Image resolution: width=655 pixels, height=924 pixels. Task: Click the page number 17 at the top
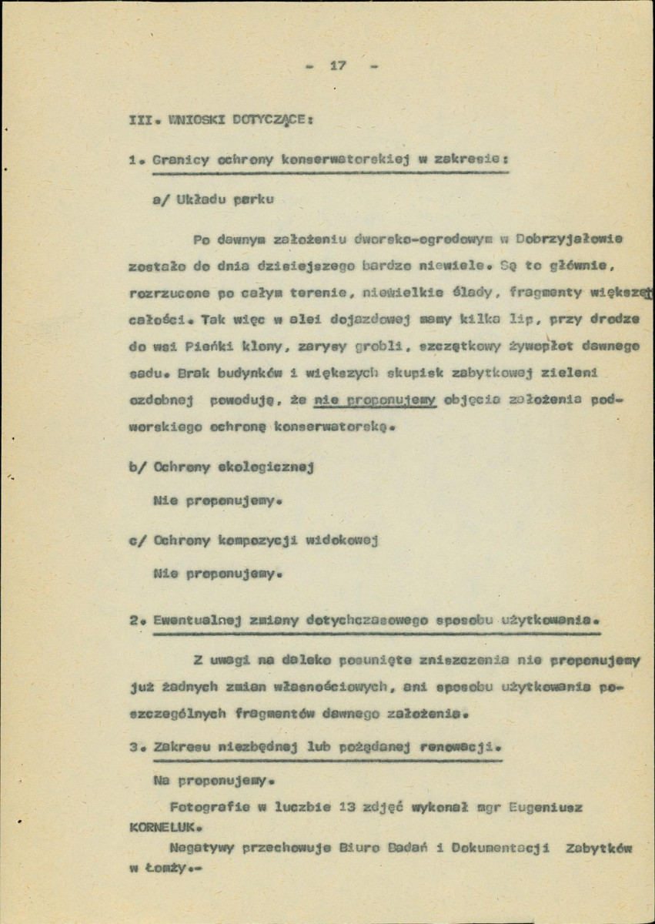tap(336, 66)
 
